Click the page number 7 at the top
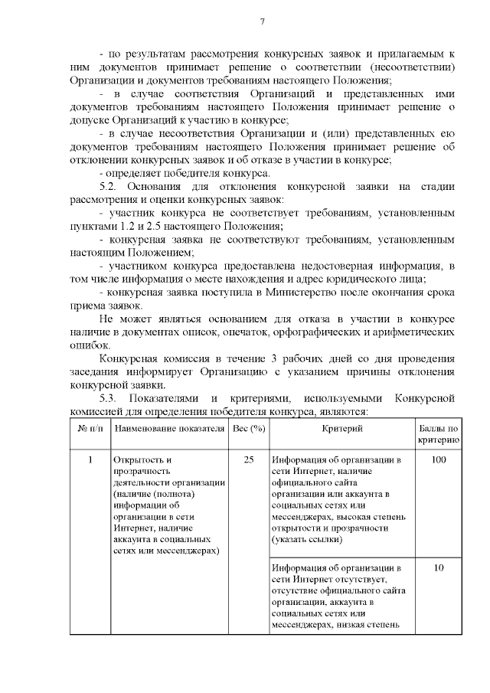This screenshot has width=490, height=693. point(263,21)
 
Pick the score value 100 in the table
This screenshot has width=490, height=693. point(439,460)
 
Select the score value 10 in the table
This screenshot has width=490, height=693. point(439,568)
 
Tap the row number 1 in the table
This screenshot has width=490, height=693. point(90,460)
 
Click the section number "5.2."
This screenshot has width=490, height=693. point(112,186)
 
